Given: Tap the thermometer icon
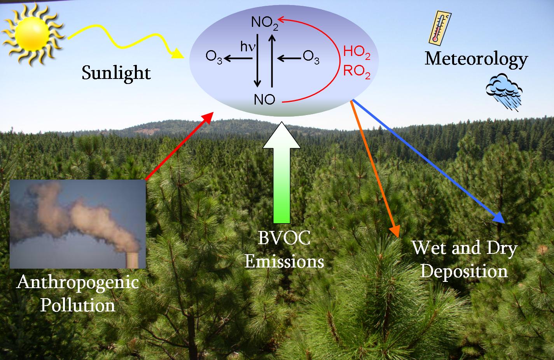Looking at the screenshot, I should (440, 26).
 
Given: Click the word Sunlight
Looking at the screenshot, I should (116, 73).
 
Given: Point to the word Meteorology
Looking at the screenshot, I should (476, 59).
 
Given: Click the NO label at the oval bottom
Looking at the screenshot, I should (264, 100).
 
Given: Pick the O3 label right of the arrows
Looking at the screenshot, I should (311, 58).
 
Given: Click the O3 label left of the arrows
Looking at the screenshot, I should (214, 58).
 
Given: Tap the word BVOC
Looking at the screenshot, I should (284, 238).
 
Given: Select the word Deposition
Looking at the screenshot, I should (464, 271).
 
